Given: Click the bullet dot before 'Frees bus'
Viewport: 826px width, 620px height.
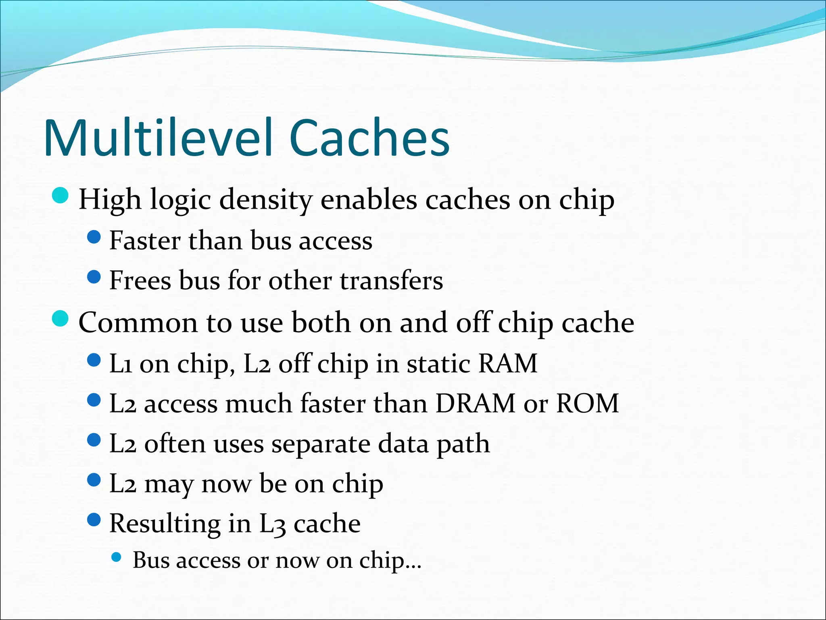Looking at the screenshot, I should tap(94, 277).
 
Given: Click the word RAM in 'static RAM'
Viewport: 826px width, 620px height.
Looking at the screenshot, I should tap(508, 363).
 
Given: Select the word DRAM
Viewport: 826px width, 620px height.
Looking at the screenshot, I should tap(475, 403).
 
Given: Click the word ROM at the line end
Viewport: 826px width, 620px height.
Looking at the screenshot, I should tap(587, 403).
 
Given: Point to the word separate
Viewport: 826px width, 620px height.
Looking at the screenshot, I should tap(320, 444).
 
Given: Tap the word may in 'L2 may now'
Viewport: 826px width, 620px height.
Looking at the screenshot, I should tap(169, 485).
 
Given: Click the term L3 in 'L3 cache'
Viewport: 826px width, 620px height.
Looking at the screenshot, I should tap(272, 524).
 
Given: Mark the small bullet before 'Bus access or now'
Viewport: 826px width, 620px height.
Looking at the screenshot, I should tap(116, 557).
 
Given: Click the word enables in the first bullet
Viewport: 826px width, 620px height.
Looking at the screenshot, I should tap(369, 200).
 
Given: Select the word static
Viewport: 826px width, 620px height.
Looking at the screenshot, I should tap(438, 363).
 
